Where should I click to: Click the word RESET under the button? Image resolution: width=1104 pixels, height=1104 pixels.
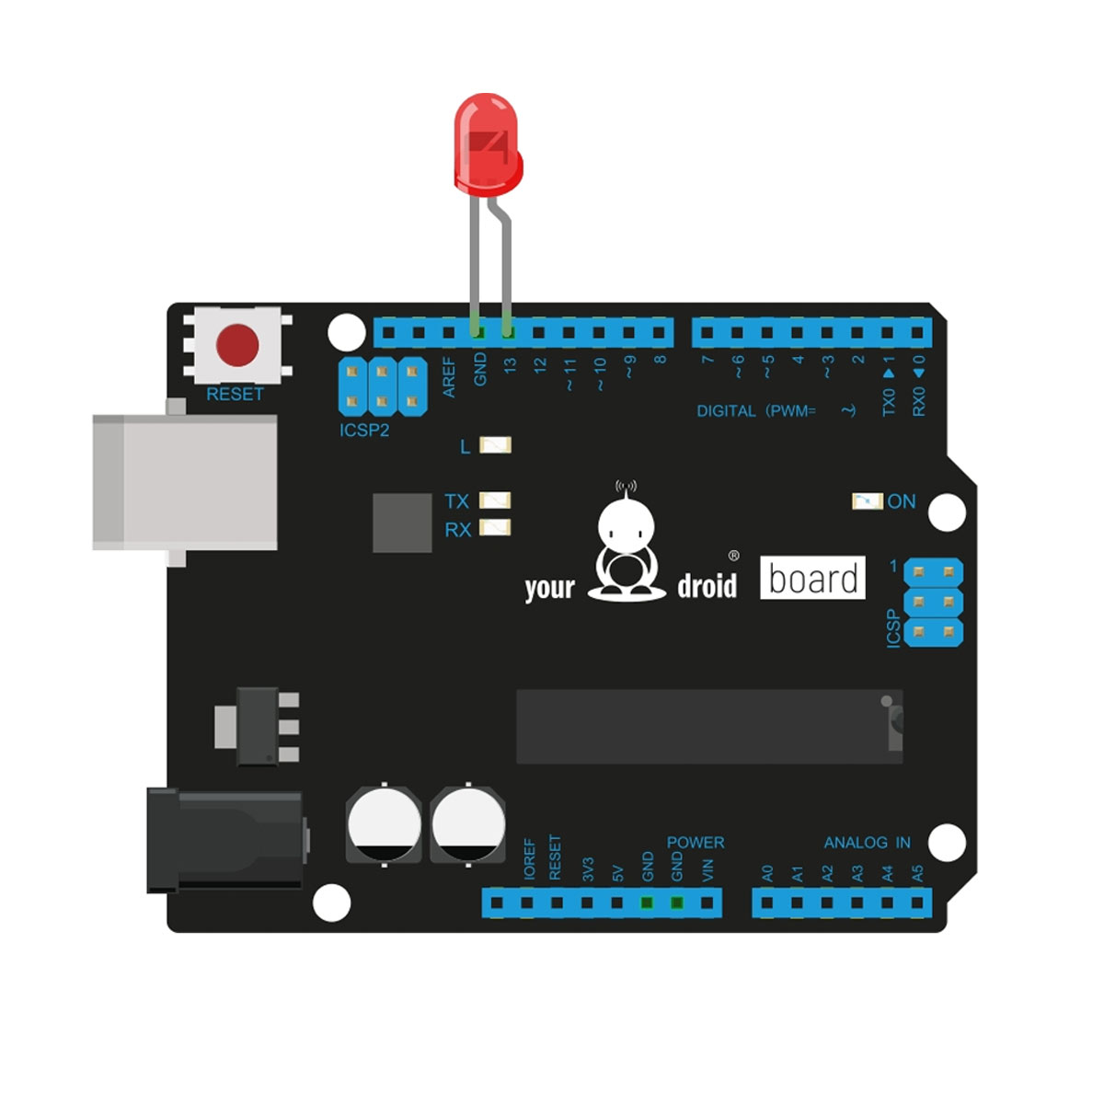[235, 394]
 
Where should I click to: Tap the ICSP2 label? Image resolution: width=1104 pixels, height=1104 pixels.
[364, 431]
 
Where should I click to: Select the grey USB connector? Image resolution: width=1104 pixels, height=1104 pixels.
[185, 481]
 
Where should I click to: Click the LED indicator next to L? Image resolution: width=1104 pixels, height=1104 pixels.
[495, 445]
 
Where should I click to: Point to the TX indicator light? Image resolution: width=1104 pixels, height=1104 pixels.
[495, 500]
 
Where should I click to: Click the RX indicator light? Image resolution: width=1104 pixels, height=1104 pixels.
[495, 528]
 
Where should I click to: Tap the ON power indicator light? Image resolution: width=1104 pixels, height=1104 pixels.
[868, 501]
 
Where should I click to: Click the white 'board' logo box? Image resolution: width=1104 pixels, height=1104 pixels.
[812, 578]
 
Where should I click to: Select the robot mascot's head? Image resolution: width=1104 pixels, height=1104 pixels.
[627, 524]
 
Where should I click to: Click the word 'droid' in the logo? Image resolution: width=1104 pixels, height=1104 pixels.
[707, 586]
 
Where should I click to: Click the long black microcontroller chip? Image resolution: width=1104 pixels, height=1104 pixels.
[709, 727]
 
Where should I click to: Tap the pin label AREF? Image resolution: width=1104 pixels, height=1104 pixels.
[450, 377]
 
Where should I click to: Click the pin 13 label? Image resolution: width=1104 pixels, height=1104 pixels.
[510, 365]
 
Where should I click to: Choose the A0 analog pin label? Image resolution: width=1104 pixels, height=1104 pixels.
[767, 874]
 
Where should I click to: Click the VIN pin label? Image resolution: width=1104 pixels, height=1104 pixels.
[707, 870]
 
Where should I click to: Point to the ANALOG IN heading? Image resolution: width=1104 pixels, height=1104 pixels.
[867, 842]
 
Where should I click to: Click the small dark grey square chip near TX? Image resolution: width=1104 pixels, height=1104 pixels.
[402, 523]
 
